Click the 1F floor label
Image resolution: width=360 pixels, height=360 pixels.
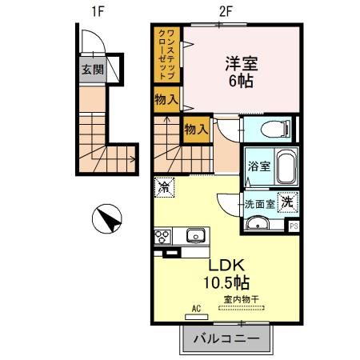coord(98,11)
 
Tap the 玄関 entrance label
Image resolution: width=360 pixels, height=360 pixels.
coord(92,70)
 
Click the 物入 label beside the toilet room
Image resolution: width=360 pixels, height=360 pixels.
coord(196,128)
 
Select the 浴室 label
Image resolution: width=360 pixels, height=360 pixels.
coord(258,167)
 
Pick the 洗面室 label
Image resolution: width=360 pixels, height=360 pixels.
coord(259,203)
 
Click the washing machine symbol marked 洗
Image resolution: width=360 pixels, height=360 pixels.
coord(286,202)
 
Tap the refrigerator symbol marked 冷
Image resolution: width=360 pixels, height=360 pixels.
coord(163,187)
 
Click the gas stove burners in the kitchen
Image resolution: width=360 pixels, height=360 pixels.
coord(162,236)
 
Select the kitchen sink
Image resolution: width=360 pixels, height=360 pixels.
coord(195,235)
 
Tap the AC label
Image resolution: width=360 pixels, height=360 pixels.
coord(196,306)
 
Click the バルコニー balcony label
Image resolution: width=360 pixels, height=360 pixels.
coord(227,338)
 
